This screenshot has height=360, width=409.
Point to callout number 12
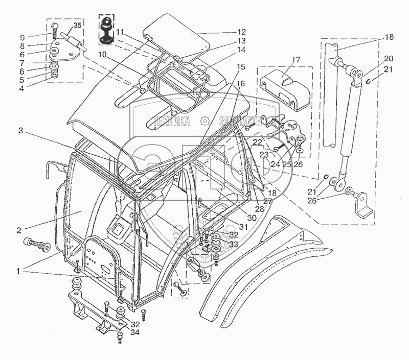coord(241,32)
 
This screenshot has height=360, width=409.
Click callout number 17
coord(295,60)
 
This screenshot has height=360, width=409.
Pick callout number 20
coord(389,58)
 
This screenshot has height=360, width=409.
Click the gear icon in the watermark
coord(204,121)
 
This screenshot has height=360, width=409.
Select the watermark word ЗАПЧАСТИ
coord(236,121)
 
